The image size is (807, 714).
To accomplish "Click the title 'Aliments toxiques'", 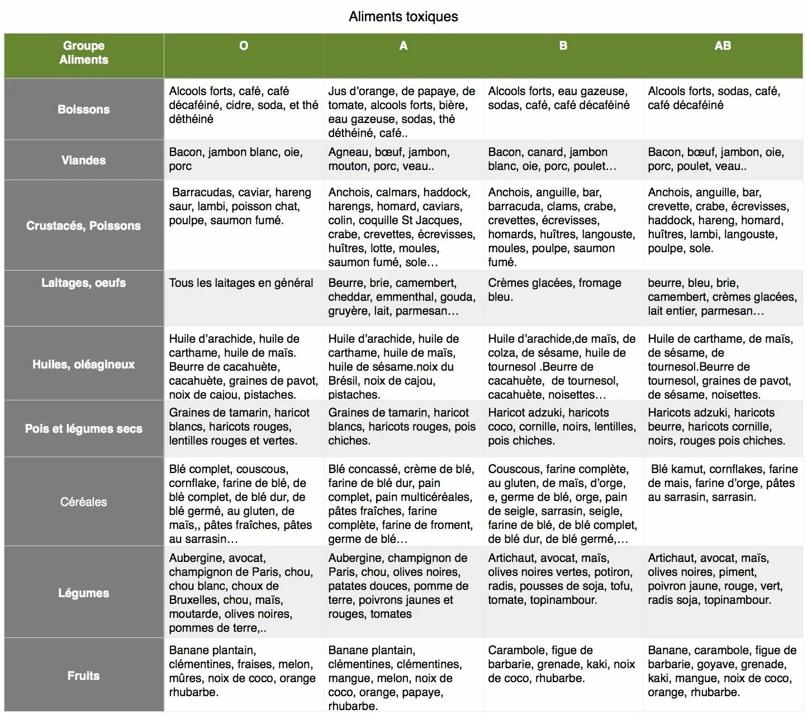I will (403, 17).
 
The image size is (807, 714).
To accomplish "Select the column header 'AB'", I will (722, 46).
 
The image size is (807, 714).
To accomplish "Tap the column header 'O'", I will (244, 46).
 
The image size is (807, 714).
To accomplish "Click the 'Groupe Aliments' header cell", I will (84, 53).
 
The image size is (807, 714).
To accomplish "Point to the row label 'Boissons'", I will (84, 110).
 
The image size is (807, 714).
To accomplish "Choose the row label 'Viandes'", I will (84, 160).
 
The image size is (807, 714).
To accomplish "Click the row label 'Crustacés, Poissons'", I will (84, 226).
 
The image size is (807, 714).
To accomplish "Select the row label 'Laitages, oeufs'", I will (84, 283).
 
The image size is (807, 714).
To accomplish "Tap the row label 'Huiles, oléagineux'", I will (84, 365).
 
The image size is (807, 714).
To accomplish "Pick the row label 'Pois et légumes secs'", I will (84, 429).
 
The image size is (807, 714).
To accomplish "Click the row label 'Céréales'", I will (84, 502).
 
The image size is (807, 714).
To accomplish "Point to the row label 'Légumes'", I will (84, 593).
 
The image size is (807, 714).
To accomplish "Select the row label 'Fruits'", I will (84, 676).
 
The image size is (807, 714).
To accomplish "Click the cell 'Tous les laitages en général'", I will (241, 283).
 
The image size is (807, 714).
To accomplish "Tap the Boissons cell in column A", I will (402, 112).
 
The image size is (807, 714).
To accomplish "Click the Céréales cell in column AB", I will (722, 483).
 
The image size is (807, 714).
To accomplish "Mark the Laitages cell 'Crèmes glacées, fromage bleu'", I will (554, 290).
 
